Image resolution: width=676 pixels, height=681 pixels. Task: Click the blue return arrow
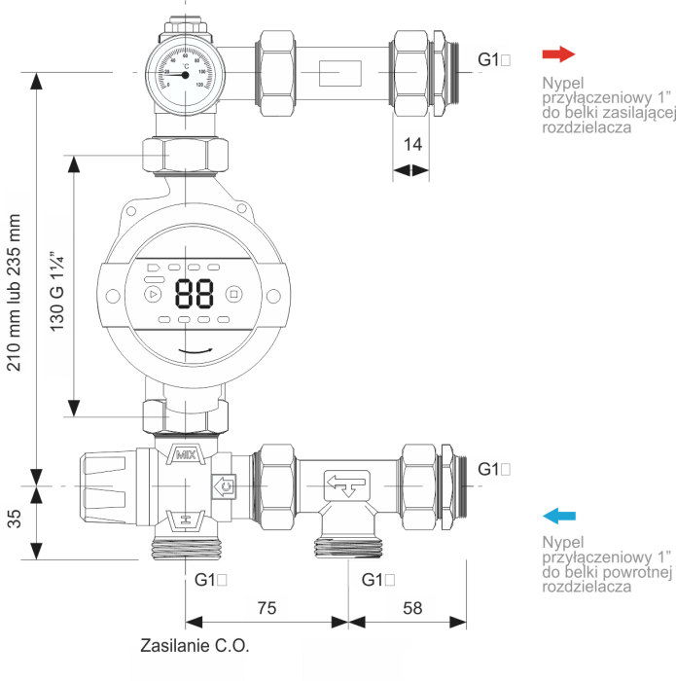click(560, 516)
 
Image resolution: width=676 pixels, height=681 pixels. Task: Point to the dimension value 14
click(412, 144)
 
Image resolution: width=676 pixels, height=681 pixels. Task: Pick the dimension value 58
click(412, 608)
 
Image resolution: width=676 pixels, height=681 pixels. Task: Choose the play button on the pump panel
click(151, 293)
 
